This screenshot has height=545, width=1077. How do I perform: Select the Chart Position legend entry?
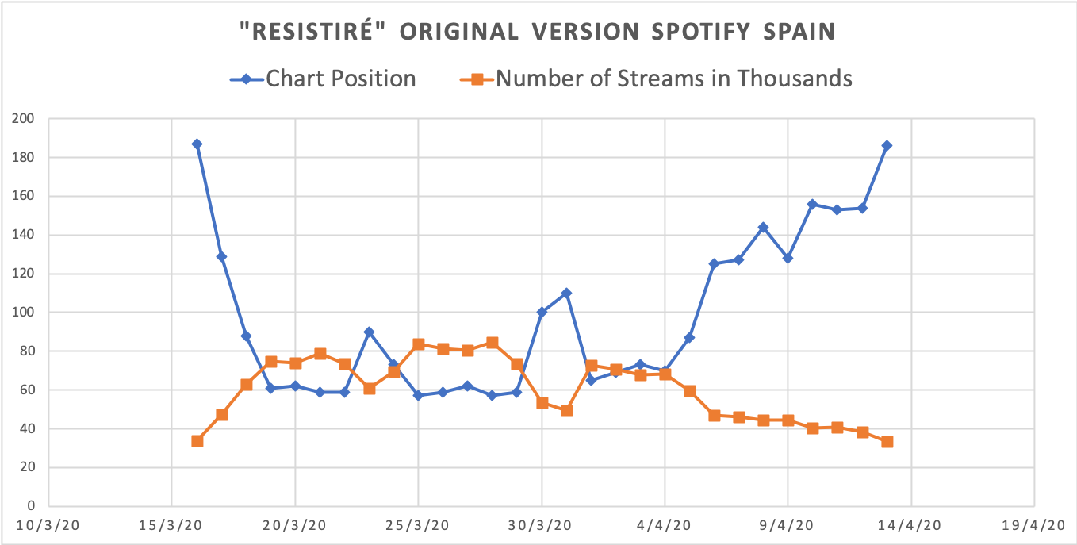[340, 79]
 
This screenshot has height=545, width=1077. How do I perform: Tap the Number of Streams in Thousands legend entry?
[674, 79]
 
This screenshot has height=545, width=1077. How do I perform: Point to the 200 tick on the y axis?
[25, 119]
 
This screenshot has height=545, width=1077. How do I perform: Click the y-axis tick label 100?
[25, 313]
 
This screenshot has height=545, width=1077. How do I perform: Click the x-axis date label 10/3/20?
[49, 526]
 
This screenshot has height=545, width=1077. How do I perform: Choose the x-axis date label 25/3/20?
[418, 526]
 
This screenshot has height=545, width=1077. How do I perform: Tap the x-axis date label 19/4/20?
[1034, 526]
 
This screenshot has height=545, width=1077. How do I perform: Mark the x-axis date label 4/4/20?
[665, 526]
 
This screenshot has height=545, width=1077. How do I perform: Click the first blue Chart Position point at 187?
[197, 144]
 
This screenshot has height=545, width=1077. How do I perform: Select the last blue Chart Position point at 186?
[887, 146]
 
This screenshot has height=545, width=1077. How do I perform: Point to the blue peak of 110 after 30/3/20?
[566, 294]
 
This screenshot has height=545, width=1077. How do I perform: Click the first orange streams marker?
[197, 441]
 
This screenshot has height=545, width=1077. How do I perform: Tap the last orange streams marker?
[887, 442]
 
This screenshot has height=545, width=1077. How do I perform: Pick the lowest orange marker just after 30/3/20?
[566, 411]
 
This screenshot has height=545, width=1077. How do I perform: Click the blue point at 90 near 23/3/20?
[369, 332]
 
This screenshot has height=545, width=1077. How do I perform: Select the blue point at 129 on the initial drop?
[221, 256]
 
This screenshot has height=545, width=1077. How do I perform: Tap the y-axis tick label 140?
[25, 235]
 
